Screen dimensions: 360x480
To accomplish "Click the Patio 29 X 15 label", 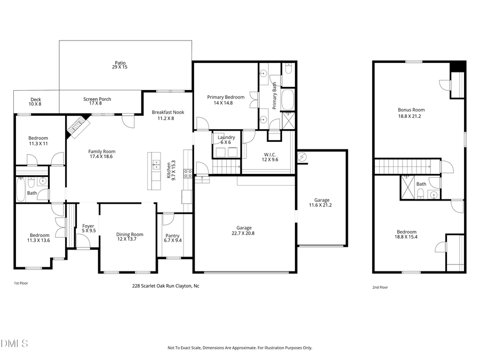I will (119, 65).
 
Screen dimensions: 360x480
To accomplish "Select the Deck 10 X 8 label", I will (36, 101).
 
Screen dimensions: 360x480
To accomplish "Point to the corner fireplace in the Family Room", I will (76, 126).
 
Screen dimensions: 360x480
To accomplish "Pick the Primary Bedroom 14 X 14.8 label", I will (226, 100).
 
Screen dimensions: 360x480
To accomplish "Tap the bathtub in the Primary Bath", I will (287, 100).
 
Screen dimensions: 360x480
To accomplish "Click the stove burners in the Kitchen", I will (188, 173).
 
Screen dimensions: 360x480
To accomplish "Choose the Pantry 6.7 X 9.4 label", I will (172, 238).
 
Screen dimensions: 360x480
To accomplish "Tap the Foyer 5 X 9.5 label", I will (88, 228).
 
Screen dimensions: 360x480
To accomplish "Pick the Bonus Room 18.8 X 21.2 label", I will (411, 113).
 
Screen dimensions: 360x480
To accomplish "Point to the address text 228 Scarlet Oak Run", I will (165, 286).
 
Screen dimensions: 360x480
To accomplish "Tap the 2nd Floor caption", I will (380, 287).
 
